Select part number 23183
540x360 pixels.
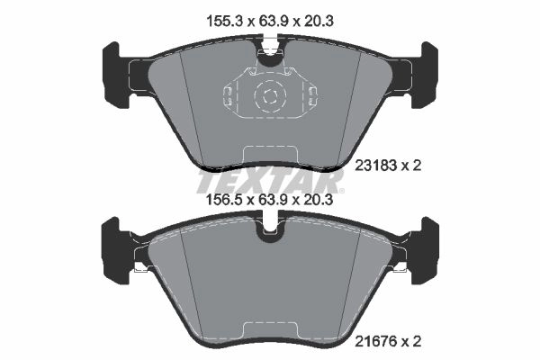tap(376, 166)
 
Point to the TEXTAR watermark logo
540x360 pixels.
tap(270, 182)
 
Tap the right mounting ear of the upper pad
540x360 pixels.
tap(425, 75)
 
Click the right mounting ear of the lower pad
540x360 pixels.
tap(425, 251)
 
